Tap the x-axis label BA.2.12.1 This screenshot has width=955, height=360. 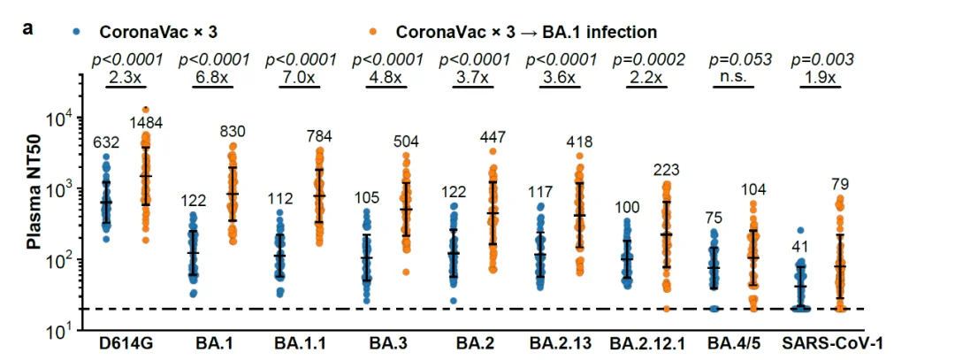(x=648, y=341)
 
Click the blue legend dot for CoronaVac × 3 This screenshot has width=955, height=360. (x=79, y=32)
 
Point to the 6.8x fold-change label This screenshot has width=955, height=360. (x=214, y=77)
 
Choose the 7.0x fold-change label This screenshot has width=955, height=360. (x=301, y=77)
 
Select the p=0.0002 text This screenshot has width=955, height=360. (x=648, y=59)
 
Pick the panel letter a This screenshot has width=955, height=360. (x=29, y=27)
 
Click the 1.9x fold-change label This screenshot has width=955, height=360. (x=822, y=77)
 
